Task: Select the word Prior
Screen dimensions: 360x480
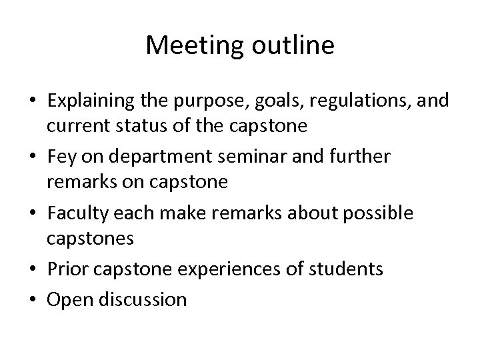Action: pyautogui.click(x=67, y=269)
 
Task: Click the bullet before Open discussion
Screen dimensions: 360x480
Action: pyautogui.click(x=33, y=299)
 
